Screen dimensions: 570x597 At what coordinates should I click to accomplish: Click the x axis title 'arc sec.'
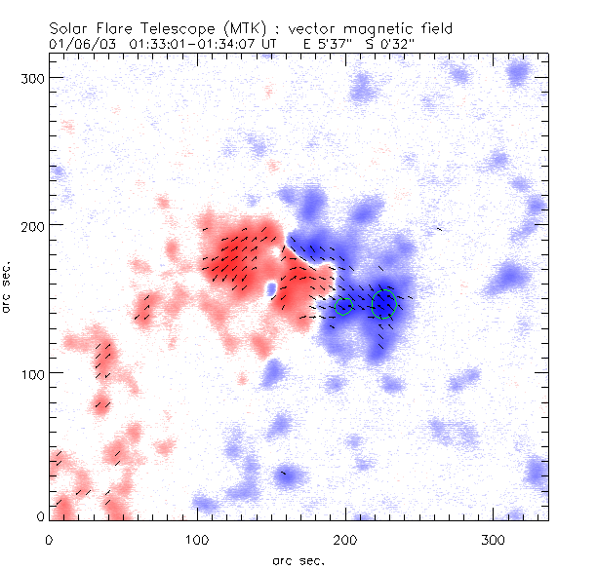[298, 559]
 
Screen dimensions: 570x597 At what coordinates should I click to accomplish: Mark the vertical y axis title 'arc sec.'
[9, 286]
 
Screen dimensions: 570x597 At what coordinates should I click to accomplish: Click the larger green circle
[384, 304]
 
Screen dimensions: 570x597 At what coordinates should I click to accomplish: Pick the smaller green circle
[343, 306]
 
